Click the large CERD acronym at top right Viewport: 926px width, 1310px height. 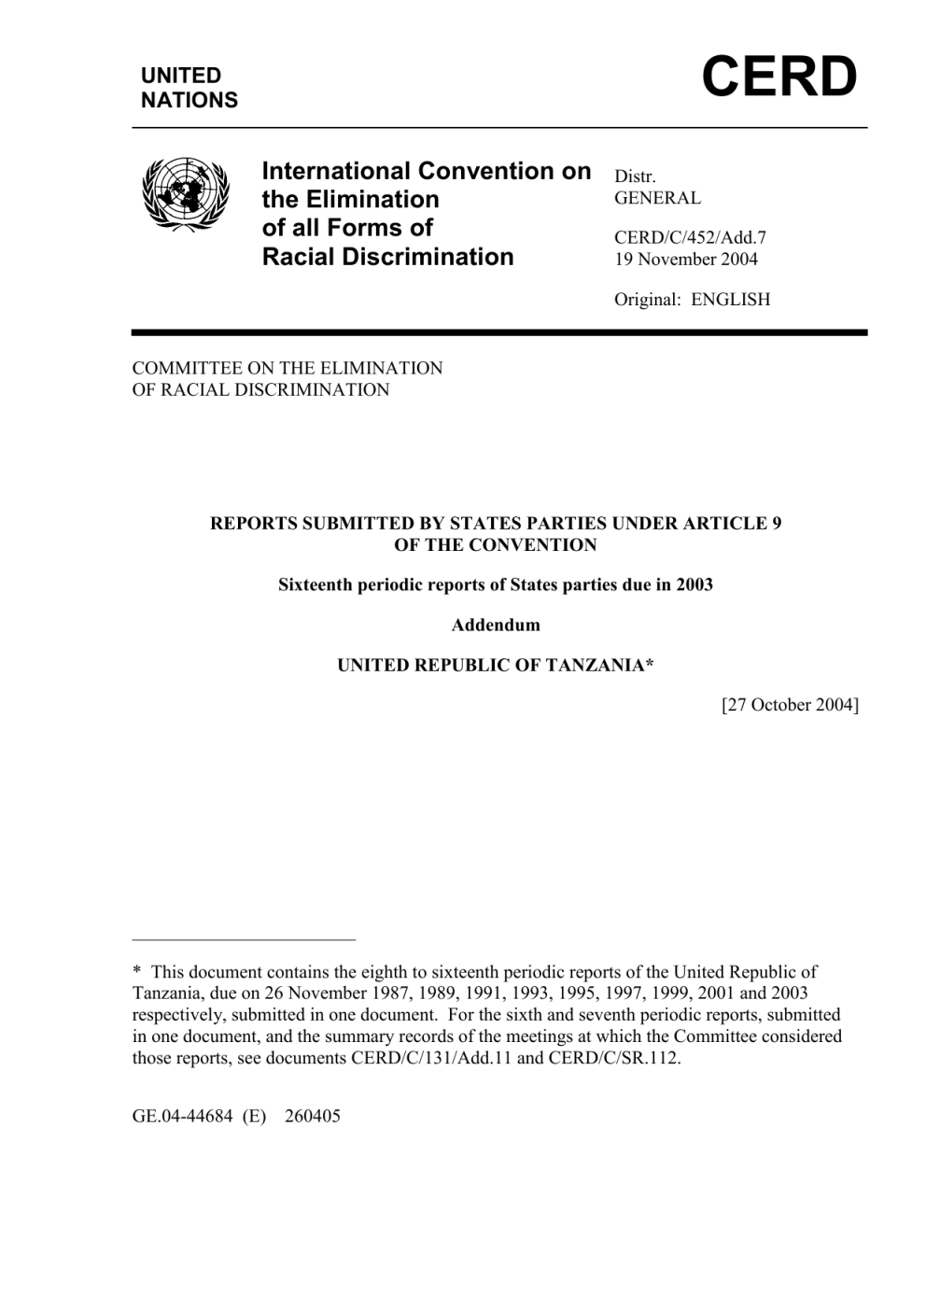coord(779,77)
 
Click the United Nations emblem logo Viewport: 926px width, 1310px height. coord(185,193)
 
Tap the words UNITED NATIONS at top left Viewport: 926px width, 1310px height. coord(189,88)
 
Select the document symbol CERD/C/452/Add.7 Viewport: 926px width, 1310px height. coord(690,238)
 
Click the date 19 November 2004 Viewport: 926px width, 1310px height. coord(685,259)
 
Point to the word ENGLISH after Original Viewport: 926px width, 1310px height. coord(731,300)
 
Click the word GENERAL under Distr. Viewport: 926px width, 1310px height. coord(656,198)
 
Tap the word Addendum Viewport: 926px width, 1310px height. coord(496,625)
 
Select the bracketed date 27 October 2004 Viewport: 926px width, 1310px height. coord(790,705)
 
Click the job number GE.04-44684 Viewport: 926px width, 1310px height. coord(182,1116)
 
